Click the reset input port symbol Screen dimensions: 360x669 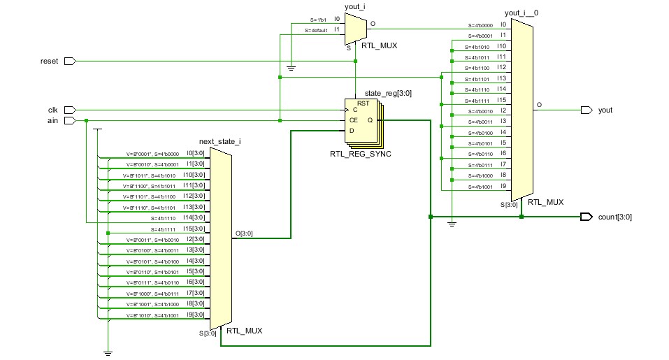[x=69, y=62]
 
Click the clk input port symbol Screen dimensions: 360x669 [x=69, y=110]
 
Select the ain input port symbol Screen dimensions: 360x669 [x=69, y=120]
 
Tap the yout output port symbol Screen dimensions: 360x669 [x=586, y=110]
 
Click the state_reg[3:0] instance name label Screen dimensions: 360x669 [x=378, y=94]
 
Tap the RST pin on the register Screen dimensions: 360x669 [x=363, y=103]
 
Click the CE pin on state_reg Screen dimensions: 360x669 [x=354, y=120]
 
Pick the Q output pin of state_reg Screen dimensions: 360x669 [x=370, y=120]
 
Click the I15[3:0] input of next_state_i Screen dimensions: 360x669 [x=194, y=229]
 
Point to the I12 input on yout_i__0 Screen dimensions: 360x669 [x=501, y=67]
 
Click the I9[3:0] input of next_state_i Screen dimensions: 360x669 [x=194, y=315]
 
